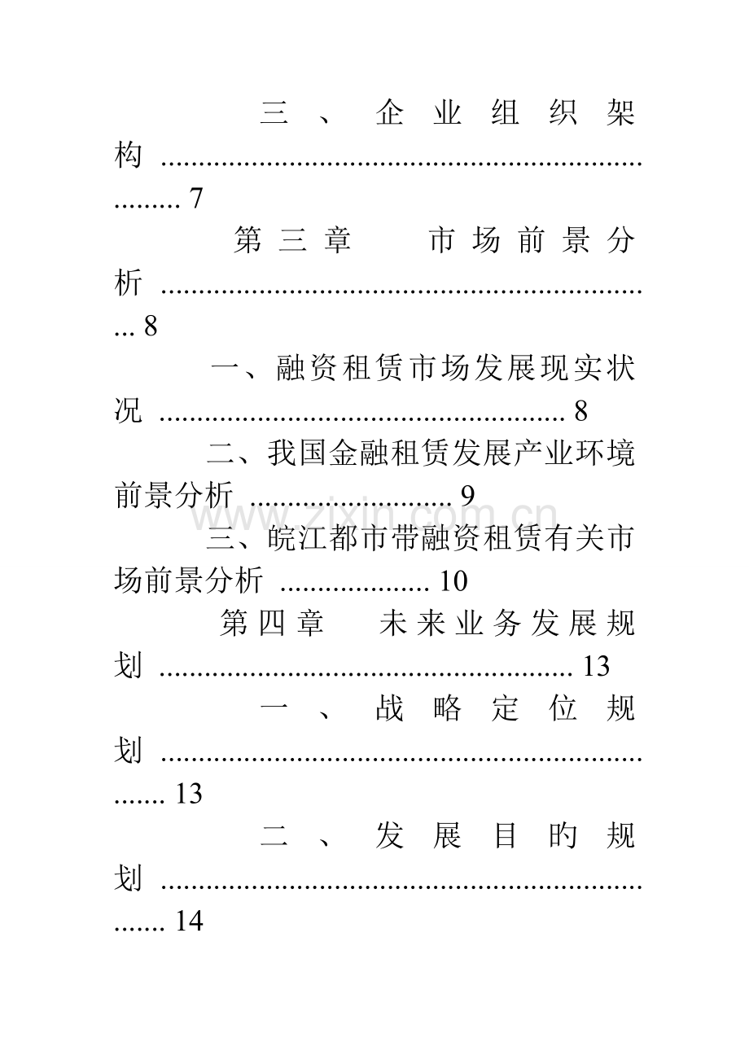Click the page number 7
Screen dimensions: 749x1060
(x=196, y=199)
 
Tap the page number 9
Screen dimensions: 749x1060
(x=467, y=496)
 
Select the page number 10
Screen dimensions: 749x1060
(x=453, y=580)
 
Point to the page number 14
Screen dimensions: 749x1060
(x=189, y=921)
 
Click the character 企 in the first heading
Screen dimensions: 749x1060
(x=390, y=113)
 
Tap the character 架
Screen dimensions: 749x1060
(x=620, y=113)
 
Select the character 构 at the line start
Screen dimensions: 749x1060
(x=128, y=155)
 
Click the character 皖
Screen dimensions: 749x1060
(x=283, y=538)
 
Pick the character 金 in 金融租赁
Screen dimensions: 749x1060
(x=344, y=453)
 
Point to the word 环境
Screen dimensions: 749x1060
(x=605, y=453)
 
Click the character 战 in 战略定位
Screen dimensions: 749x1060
(x=390, y=708)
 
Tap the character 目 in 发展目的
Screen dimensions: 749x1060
(x=505, y=835)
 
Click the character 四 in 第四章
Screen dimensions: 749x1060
(x=273, y=624)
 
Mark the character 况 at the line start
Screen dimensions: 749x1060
(x=128, y=410)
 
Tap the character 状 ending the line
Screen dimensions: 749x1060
(x=620, y=368)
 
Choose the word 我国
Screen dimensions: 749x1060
(x=298, y=453)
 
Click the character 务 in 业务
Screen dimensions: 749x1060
(x=506, y=624)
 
